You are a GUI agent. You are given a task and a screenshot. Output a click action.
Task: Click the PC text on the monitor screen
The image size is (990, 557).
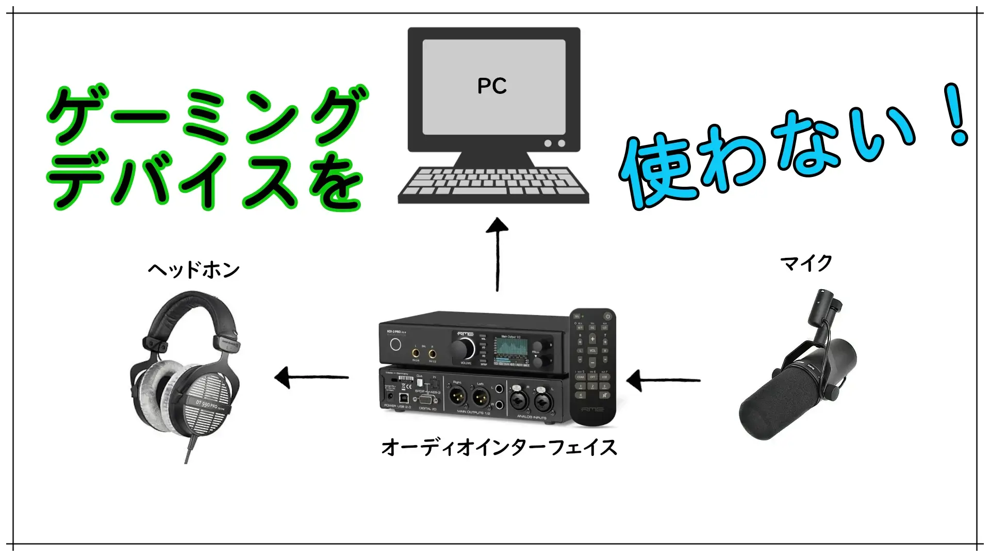[492, 86]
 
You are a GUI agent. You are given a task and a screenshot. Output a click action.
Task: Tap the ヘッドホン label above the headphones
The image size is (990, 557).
[194, 270]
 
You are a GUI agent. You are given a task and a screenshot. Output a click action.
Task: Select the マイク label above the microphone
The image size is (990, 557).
[806, 263]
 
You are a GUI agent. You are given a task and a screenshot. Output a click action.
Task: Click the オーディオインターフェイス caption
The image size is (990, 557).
[499, 447]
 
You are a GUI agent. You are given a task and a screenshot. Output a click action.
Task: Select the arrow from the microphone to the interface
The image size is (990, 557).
[663, 381]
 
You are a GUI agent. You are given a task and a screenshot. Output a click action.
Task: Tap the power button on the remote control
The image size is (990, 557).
[607, 316]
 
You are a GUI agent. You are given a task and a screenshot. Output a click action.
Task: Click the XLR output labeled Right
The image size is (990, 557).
[457, 397]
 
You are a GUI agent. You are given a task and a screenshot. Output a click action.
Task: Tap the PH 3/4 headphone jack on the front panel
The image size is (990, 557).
[416, 353]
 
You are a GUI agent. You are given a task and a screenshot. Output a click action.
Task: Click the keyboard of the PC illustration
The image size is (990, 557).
[493, 184]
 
